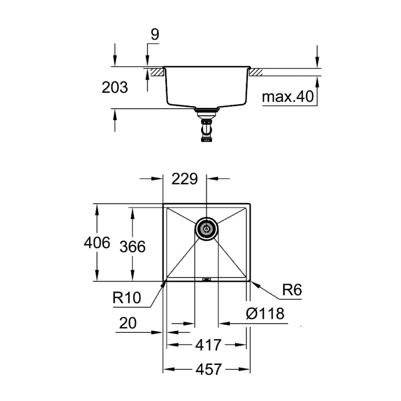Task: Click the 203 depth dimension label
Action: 114,87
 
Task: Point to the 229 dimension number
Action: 185,178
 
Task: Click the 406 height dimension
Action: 97,243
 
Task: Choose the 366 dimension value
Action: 133,246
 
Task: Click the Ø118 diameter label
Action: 265,314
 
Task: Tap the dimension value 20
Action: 129,322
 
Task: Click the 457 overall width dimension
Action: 207,369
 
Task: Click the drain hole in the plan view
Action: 206,229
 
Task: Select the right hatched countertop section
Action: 256,72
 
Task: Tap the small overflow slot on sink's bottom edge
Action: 206,279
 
